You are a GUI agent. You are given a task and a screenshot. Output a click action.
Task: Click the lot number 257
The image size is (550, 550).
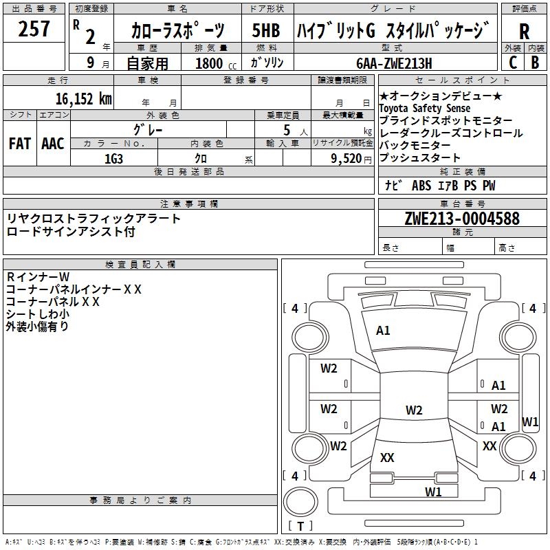[x=34, y=29]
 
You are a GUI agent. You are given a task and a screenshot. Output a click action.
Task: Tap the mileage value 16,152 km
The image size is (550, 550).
[x=83, y=98]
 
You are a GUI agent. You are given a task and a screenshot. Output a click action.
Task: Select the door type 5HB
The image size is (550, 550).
[x=266, y=30]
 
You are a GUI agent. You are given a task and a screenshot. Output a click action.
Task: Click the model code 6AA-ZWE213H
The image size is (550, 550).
[x=394, y=63]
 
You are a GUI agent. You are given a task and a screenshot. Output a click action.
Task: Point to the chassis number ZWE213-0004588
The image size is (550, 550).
[x=462, y=219]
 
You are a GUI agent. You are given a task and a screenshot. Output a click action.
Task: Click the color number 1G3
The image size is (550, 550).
[x=113, y=159]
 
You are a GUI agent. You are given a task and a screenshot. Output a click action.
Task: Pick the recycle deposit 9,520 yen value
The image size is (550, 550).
[x=351, y=159]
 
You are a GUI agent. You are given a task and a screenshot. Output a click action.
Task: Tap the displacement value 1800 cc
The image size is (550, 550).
[x=216, y=63]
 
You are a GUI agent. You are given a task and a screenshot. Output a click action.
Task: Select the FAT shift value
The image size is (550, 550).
[x=20, y=144]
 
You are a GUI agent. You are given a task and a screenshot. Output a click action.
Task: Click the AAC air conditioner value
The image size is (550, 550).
[x=53, y=144]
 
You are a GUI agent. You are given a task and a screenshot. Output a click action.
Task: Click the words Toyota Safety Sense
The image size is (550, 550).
[x=424, y=108]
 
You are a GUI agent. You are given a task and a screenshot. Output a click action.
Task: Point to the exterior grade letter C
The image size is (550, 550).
[x=513, y=63]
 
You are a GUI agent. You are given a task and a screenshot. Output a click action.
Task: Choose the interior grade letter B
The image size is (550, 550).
[x=535, y=63]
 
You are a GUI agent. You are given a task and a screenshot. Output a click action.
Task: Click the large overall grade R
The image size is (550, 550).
[x=524, y=32]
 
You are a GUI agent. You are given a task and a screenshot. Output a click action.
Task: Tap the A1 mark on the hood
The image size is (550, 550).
[x=383, y=331]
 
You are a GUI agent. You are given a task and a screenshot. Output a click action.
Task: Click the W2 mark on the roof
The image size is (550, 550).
[x=414, y=410]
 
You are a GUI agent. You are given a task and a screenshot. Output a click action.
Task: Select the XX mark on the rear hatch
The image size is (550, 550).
[x=387, y=457]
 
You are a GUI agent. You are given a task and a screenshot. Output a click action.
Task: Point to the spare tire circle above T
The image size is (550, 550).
[x=300, y=502]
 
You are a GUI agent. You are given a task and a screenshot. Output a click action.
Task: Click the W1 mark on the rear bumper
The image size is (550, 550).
[x=433, y=492]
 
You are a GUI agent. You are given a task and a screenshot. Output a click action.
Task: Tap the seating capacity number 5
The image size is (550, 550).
[x=287, y=130]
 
